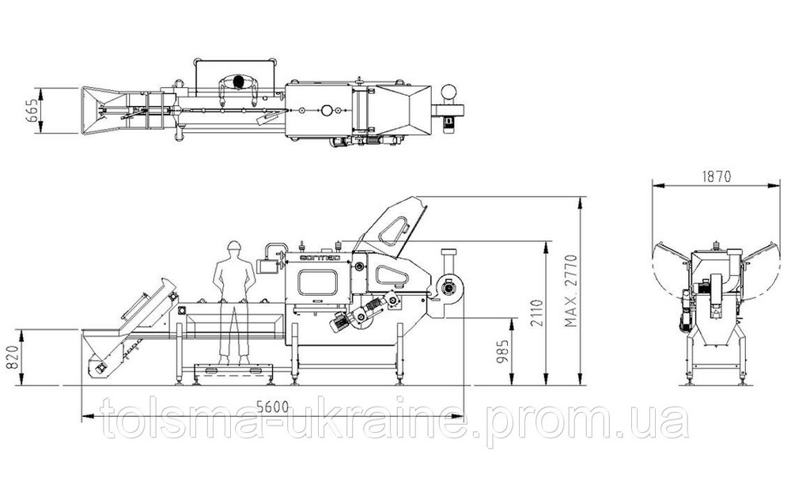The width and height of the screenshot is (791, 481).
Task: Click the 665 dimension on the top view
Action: click(x=32, y=110)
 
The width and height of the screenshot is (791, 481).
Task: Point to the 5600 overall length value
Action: click(x=272, y=407)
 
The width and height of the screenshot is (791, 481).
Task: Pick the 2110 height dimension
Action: click(x=537, y=313)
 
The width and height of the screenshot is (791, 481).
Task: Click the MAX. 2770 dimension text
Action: click(x=570, y=290)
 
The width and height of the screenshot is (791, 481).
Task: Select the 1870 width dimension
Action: click(x=717, y=176)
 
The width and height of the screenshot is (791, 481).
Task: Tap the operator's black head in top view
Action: click(x=239, y=81)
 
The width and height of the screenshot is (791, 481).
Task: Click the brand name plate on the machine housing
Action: click(x=320, y=257)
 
